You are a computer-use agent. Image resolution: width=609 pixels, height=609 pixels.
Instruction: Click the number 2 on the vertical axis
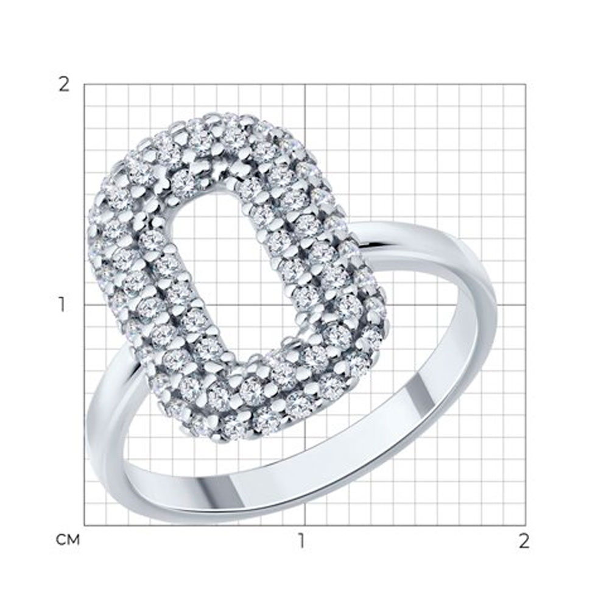coord(64,84)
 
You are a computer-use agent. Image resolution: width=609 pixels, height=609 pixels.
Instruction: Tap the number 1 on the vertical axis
coord(62,305)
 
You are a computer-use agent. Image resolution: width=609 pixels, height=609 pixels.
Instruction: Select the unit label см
coord(68,540)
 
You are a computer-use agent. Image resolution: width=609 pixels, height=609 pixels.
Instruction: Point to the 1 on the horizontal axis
coord(301,541)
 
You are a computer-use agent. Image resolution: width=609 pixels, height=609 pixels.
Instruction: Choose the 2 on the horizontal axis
coord(524,541)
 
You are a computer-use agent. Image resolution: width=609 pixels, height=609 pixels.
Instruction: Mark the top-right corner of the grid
coord(526,84)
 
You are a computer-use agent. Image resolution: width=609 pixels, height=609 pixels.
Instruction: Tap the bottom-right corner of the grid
coord(526,526)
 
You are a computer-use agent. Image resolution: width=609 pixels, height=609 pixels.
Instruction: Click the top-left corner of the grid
coord(85,84)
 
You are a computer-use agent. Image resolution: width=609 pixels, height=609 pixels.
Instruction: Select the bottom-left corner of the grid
coord(85,526)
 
